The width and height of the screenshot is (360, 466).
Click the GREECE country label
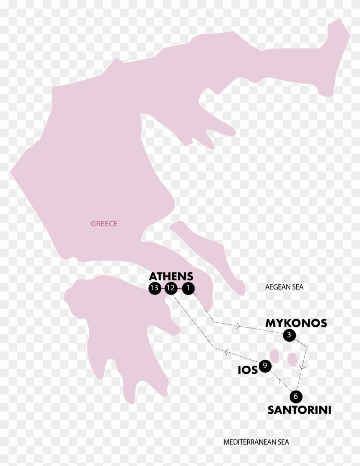104,223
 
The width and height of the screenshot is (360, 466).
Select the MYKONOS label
296,323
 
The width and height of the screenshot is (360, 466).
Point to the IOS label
248,370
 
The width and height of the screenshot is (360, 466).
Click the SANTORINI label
299,410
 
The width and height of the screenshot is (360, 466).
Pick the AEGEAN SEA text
284,287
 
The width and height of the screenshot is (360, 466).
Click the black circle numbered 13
154,289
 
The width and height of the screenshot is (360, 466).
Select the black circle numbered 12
171,289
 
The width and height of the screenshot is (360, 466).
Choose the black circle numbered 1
187,289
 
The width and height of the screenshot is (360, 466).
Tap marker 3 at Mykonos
289,336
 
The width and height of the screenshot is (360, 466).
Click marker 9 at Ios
265,366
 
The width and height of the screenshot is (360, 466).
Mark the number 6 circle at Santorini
294,397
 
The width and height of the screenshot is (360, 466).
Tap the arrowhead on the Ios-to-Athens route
225,352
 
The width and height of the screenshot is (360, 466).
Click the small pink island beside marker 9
275,357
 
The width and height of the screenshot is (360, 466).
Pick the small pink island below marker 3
293,359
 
